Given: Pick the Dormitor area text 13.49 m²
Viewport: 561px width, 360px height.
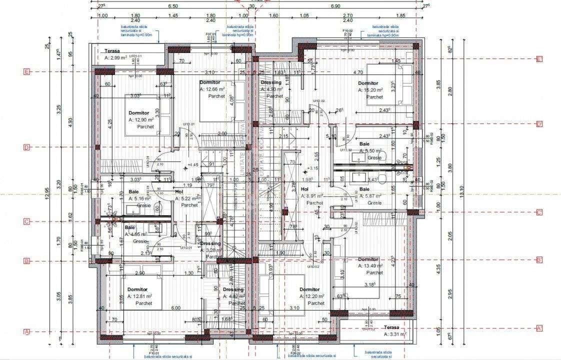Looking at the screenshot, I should coord(370,266).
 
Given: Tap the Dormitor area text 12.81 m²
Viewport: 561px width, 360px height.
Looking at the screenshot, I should coord(139,296).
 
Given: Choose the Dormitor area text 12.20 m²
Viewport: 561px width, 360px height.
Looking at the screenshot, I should coord(312,296).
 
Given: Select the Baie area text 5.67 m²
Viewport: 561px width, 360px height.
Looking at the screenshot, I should coord(370,196).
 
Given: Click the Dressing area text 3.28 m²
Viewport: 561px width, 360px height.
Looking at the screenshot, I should coord(210,250).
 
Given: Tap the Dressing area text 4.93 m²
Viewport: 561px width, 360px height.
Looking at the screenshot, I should coord(272,89).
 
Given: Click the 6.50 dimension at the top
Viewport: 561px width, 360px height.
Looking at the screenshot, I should coord(173,6).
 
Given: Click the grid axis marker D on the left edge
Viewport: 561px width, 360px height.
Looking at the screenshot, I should coord(26,147).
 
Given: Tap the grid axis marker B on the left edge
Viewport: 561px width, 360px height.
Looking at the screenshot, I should coord(26,261).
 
